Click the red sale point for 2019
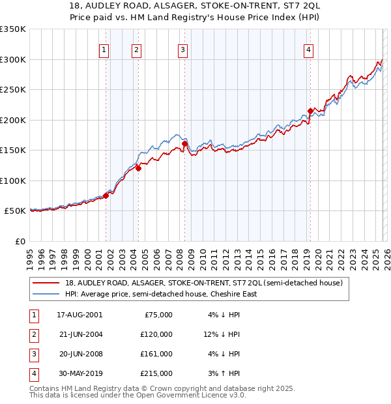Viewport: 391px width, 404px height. (310, 111)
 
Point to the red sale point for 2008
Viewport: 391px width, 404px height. (184, 143)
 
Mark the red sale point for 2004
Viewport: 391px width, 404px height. (138, 168)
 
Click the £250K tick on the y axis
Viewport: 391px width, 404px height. (13, 89)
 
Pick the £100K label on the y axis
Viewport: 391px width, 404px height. (13, 180)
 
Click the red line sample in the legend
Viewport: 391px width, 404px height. (46, 283)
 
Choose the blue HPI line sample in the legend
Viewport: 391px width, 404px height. (46, 294)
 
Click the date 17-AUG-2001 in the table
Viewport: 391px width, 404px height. (80, 315)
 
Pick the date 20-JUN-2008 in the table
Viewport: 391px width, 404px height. (80, 354)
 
